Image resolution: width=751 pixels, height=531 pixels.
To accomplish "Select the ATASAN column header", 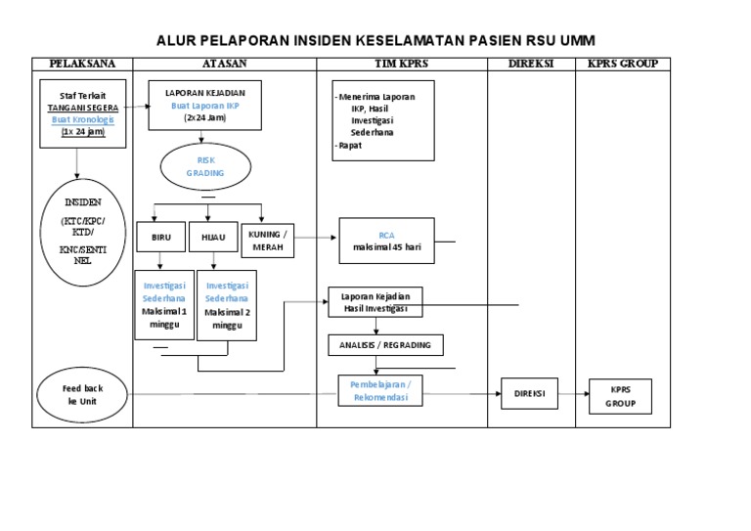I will coord(224,64).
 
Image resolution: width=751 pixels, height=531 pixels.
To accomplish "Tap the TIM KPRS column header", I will coord(402,64).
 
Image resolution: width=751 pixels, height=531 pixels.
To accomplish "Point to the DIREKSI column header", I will coord(532,64).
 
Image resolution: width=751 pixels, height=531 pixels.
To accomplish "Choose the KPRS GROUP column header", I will coord(623,64).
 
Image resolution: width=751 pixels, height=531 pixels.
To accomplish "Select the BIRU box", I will coord(160,237).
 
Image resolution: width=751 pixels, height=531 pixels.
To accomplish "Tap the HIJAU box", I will coord(212,237).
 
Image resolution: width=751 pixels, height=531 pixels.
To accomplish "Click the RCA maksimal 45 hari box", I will coord(387,241).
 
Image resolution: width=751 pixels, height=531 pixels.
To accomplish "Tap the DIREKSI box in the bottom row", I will coord(529,394).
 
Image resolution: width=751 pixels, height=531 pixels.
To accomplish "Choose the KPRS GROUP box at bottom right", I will coord(619,395).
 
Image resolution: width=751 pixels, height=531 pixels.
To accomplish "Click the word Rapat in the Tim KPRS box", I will coord(349,145).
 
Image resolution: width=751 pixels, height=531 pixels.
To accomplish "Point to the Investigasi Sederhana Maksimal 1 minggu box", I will coord(162,304).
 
